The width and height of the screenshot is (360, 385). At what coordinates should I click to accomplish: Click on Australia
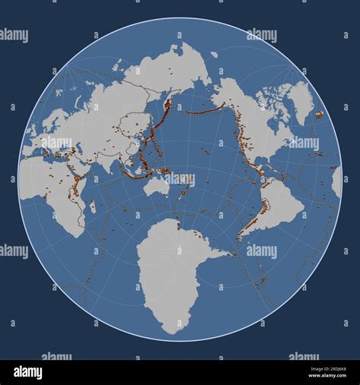[158, 185]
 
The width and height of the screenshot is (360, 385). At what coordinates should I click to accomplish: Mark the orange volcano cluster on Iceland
[320, 115]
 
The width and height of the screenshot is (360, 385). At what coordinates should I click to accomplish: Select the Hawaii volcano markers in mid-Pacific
[205, 150]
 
